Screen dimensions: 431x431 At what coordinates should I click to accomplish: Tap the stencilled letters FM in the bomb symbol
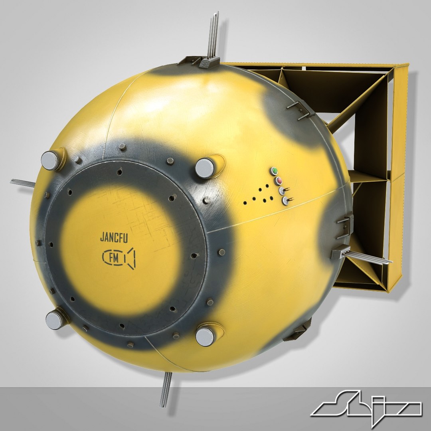point(114,259)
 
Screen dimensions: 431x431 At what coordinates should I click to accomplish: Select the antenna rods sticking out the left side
point(23,183)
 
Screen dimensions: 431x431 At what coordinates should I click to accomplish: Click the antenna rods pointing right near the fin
point(369,257)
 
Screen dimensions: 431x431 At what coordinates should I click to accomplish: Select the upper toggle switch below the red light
point(283,191)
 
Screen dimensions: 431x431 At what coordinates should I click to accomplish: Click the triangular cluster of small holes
point(259,195)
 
